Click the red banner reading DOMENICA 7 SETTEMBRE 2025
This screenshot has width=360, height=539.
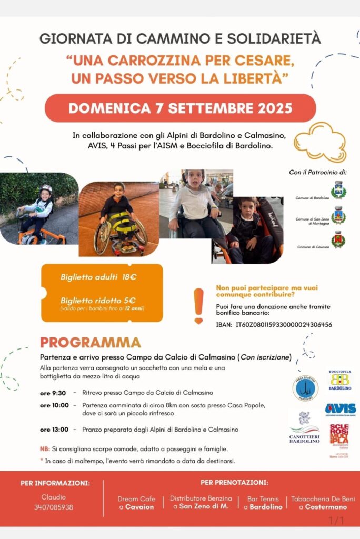(180, 108)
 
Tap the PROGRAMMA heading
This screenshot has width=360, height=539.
(90, 342)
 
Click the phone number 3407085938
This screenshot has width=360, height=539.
(54, 507)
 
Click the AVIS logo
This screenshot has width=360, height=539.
(340, 409)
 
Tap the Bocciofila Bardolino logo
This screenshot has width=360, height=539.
(340, 380)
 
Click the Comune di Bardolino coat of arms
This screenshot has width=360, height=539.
(338, 189)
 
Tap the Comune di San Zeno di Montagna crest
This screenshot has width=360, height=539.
(338, 215)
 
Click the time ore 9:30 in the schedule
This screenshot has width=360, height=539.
(53, 393)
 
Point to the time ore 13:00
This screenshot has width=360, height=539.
(54, 430)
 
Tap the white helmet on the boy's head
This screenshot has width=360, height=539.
(46, 188)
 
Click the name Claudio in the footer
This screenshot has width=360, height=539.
(54, 497)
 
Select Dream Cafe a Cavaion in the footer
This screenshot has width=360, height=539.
(136, 503)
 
